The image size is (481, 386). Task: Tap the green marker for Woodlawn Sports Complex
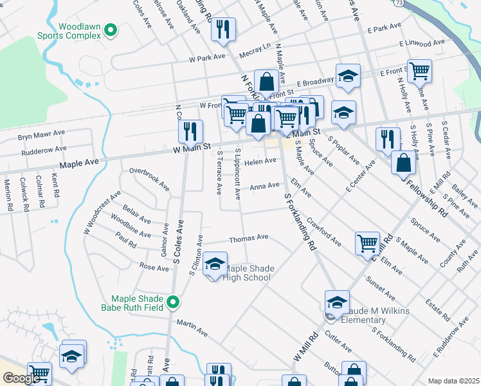click(111, 30)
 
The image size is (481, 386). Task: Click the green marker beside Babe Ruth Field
click(173, 301)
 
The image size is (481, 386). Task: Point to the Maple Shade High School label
click(248, 273)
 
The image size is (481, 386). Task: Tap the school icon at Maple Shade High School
click(215, 264)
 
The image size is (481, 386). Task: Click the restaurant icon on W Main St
click(190, 132)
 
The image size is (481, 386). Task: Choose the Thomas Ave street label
click(248, 238)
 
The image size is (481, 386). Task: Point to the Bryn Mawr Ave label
click(41, 136)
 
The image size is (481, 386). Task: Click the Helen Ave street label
click(260, 162)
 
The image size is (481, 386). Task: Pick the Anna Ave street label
click(264, 186)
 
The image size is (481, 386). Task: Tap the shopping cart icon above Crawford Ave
click(367, 243)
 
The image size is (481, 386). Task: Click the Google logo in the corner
click(21, 378)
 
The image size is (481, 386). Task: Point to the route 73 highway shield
click(399, 3)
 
